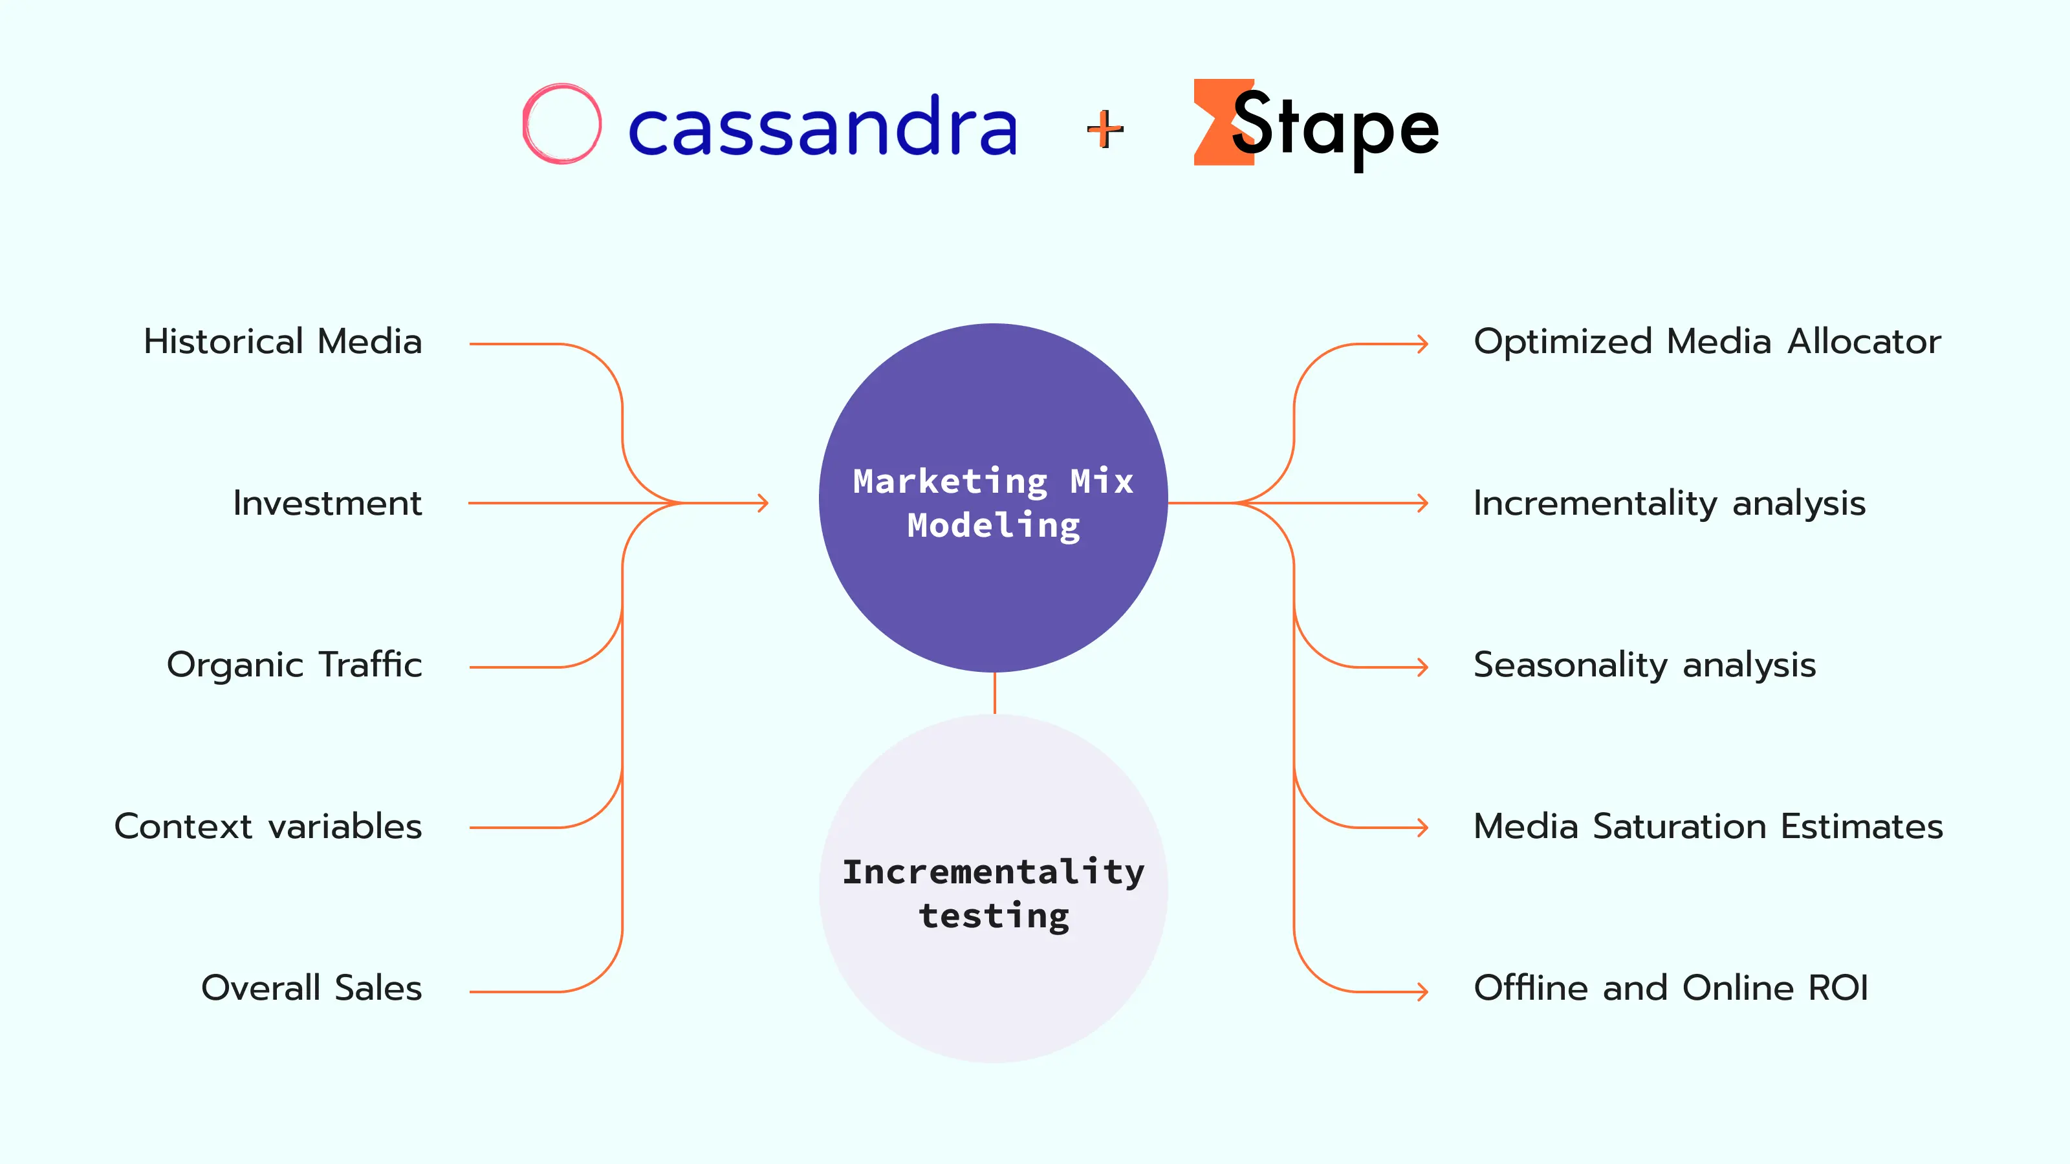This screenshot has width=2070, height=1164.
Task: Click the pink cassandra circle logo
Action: (561, 124)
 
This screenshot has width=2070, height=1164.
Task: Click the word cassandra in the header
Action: (822, 127)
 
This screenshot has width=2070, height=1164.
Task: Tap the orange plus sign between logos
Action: (1105, 129)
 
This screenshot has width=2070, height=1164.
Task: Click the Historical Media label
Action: (283, 342)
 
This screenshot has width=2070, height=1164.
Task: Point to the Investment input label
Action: (327, 504)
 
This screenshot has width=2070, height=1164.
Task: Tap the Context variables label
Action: (268, 826)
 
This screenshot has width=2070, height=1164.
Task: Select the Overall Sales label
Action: (312, 988)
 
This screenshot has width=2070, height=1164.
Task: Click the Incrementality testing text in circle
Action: (993, 893)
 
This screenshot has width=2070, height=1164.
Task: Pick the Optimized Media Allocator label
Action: (1707, 342)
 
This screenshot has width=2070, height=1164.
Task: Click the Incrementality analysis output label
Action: (1669, 504)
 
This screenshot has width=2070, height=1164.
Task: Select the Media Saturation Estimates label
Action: (1708, 826)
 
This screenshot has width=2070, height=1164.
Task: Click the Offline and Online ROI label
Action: (1671, 988)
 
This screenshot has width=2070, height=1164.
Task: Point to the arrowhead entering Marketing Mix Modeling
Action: (763, 504)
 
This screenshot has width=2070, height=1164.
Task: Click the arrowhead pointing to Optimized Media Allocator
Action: (1423, 344)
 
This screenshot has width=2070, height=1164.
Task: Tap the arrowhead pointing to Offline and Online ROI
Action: (1423, 992)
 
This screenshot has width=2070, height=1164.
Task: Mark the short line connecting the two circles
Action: (995, 693)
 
